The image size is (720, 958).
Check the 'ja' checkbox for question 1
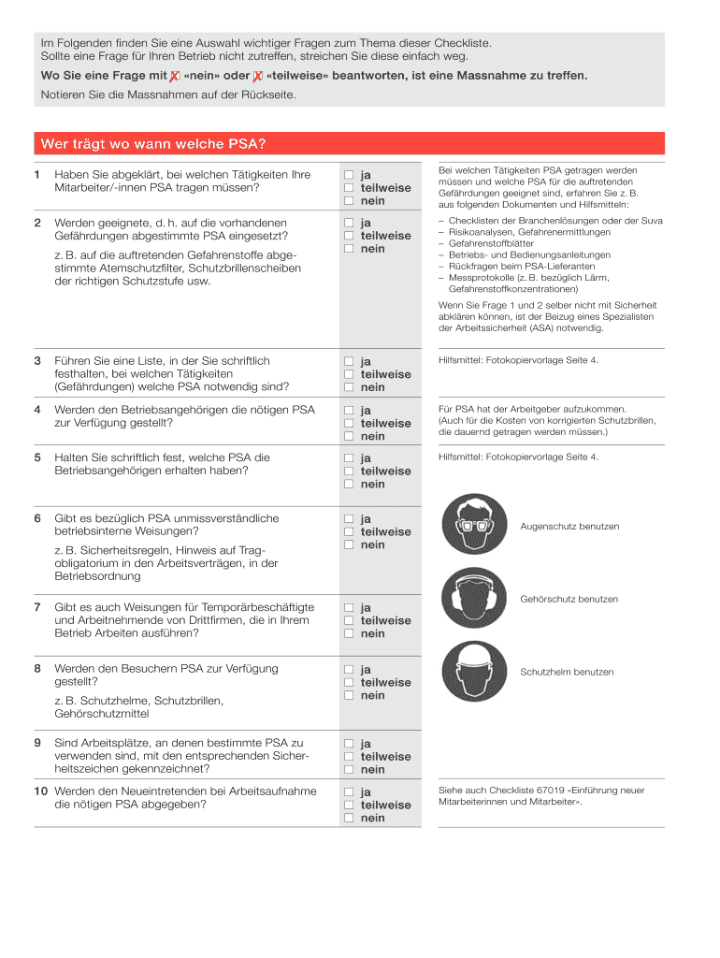point(348,175)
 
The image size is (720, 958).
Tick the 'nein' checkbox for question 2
point(348,249)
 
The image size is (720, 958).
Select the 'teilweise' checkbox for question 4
point(348,423)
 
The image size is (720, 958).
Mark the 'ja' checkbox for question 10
point(348,791)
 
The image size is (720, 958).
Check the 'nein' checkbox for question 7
point(348,633)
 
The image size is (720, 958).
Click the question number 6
point(37,518)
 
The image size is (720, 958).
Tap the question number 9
point(37,743)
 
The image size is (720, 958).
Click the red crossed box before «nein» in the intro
point(175,76)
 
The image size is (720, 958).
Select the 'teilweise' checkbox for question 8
point(348,682)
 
